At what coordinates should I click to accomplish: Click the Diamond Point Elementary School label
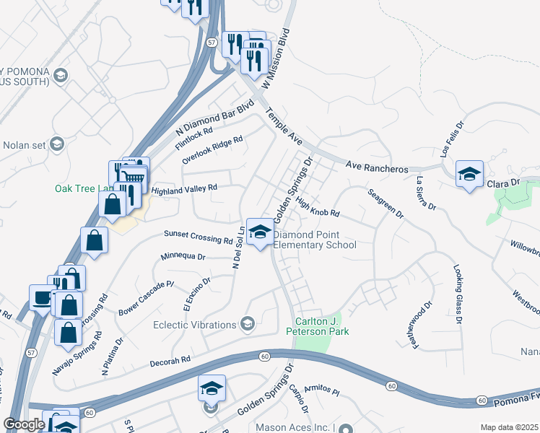[x=315, y=240]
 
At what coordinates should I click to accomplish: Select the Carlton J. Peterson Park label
[x=322, y=326]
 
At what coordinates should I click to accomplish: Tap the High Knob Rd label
[x=317, y=209]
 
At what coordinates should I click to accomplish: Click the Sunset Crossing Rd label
[x=198, y=237]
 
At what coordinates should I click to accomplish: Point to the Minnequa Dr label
[x=183, y=256]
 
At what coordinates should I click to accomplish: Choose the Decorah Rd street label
[x=170, y=359]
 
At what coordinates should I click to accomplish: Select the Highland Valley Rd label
[x=184, y=189]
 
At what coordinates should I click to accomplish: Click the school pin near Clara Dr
[x=469, y=174]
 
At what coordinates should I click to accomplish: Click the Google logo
[x=24, y=424]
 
